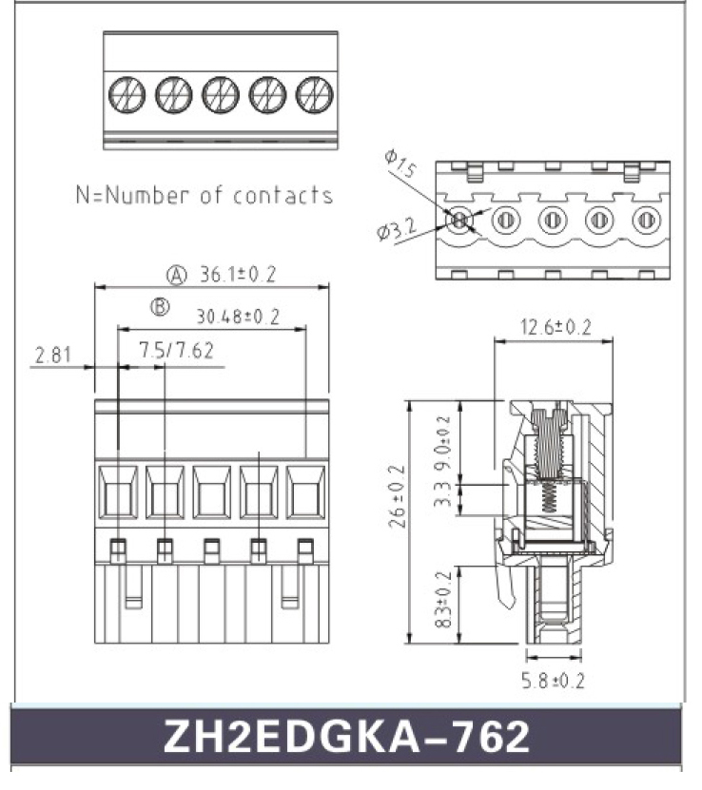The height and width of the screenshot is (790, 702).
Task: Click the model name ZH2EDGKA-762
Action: [346, 736]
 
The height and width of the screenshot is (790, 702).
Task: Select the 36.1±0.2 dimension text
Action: [237, 275]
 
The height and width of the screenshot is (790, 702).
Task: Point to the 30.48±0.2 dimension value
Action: [238, 317]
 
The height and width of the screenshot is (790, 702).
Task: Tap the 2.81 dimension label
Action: [53, 356]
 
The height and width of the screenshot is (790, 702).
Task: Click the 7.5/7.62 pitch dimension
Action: [176, 351]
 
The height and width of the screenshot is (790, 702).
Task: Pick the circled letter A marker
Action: [177, 276]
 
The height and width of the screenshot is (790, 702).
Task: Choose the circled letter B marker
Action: [160, 307]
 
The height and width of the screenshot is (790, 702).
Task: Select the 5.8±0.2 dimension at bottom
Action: [553, 681]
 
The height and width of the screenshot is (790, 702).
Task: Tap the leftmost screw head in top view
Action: [127, 93]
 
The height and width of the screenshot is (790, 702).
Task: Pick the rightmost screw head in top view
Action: [314, 93]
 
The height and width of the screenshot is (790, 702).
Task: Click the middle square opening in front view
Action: [211, 493]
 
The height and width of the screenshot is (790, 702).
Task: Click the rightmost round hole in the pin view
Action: [645, 221]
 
